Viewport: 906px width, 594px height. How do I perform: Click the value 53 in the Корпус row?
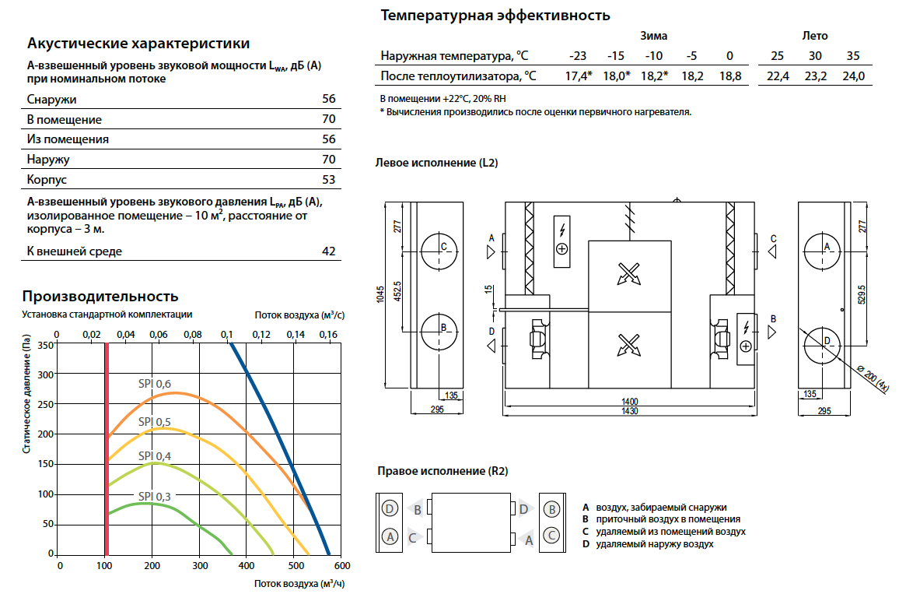[328, 179]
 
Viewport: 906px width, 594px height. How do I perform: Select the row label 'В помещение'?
[64, 120]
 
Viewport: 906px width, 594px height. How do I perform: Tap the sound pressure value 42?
[328, 251]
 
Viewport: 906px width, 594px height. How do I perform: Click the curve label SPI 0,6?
[154, 384]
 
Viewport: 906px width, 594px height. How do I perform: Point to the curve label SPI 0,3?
[154, 496]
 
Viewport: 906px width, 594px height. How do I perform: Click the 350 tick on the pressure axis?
[46, 346]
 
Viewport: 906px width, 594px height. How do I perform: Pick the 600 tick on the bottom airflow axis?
[342, 566]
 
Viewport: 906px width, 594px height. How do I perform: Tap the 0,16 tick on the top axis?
[328, 334]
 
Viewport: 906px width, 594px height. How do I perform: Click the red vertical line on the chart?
[107, 449]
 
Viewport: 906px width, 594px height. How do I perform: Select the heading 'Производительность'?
[100, 296]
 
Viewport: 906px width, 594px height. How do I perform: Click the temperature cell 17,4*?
[578, 76]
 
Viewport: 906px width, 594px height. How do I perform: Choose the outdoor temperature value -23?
[577, 55]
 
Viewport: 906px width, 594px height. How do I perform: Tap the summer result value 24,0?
[853, 76]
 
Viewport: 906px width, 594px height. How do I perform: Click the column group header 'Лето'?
[815, 36]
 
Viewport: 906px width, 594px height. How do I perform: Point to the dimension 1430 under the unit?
[630, 411]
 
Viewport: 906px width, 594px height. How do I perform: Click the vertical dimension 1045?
[380, 293]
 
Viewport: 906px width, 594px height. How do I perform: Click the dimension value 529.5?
[862, 294]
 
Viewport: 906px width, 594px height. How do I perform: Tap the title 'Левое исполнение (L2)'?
[436, 163]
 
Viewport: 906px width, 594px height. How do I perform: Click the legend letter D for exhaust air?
[586, 544]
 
